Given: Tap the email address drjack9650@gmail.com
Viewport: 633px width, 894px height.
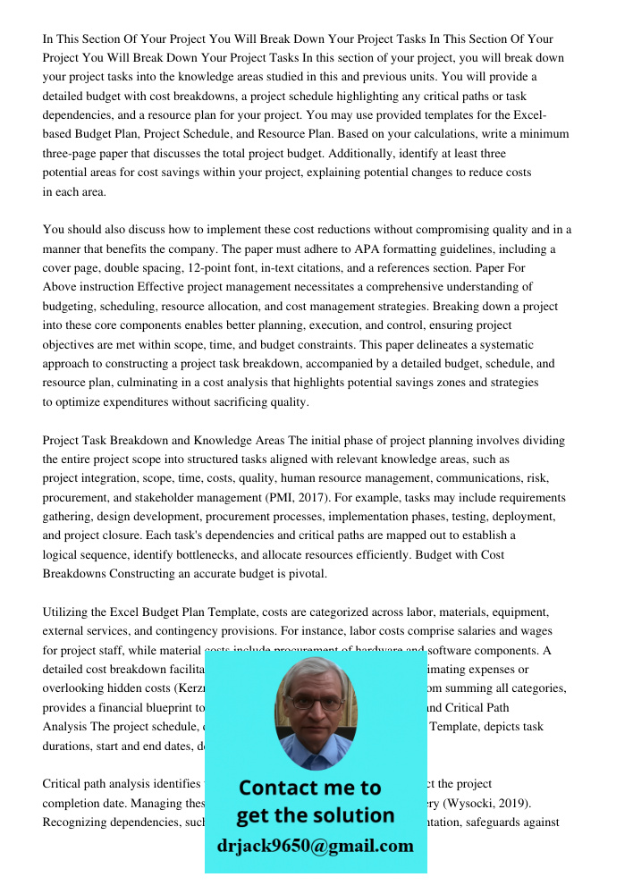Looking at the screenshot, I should tap(316, 846).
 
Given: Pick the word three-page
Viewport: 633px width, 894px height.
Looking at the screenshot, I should tap(72, 153).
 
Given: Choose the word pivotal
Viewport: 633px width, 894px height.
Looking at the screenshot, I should tap(303, 573).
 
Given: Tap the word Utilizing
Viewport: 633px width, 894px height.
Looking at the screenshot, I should tap(70, 611).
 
